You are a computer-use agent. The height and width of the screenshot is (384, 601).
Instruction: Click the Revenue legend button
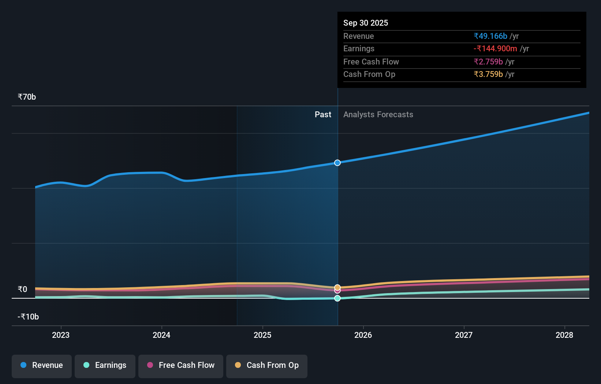pyautogui.click(x=42, y=365)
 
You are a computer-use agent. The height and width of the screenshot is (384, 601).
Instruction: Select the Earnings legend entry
pyautogui.click(x=105, y=365)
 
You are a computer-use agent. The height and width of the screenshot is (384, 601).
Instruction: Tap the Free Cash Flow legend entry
pyautogui.click(x=181, y=365)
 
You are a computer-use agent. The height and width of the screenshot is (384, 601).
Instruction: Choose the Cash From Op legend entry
pyautogui.click(x=267, y=365)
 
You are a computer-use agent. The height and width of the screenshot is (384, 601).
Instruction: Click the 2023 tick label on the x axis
pyautogui.click(x=61, y=335)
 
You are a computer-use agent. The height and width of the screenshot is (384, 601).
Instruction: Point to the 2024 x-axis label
pyautogui.click(x=161, y=335)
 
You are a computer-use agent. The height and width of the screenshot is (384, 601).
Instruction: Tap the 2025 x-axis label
pyautogui.click(x=262, y=335)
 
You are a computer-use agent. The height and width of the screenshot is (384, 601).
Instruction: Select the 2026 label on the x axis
pyautogui.click(x=363, y=335)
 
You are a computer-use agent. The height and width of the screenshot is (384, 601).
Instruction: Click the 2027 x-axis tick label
pyautogui.click(x=464, y=335)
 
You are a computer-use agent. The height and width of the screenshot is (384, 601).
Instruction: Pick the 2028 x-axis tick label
pyautogui.click(x=564, y=335)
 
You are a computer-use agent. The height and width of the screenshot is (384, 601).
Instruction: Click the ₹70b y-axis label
pyautogui.click(x=27, y=97)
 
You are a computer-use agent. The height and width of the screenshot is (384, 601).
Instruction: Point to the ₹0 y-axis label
pyautogui.click(x=22, y=289)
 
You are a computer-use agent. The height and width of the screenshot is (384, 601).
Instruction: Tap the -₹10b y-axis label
pyautogui.click(x=28, y=317)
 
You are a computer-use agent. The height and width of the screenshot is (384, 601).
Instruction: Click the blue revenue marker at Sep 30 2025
pyautogui.click(x=337, y=163)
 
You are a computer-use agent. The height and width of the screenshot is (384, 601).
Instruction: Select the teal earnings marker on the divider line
pyautogui.click(x=337, y=298)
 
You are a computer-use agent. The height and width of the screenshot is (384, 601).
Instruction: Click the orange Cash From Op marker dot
pyautogui.click(x=337, y=287)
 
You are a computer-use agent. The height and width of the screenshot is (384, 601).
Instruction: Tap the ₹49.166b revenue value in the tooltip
pyautogui.click(x=490, y=36)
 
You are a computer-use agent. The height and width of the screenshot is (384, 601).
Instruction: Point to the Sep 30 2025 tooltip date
pyautogui.click(x=366, y=23)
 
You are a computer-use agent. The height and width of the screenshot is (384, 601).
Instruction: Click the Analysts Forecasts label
pyautogui.click(x=378, y=115)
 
